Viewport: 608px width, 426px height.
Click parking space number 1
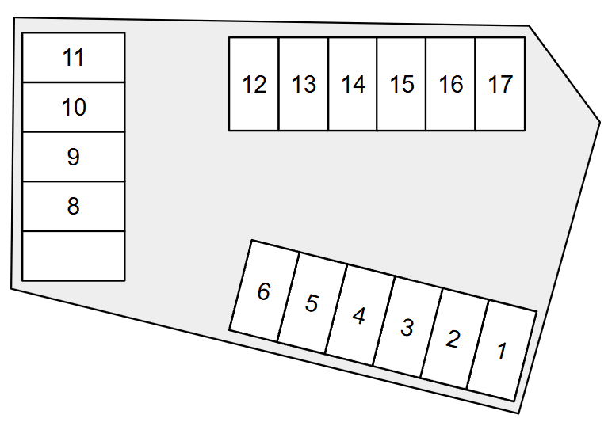click(501, 351)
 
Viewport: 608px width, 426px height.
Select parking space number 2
click(453, 339)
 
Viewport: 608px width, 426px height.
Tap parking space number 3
click(407, 327)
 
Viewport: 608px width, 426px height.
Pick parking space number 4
click(359, 315)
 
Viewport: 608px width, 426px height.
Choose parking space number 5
click(312, 303)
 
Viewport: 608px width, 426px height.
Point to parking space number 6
click(264, 291)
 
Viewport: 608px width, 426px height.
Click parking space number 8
click(74, 206)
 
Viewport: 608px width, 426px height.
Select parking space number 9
click(74, 157)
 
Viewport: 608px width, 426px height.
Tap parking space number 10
click(74, 107)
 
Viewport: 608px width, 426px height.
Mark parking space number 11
click(74, 58)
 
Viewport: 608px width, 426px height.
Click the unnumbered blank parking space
click(74, 255)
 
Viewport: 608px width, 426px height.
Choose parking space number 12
click(254, 84)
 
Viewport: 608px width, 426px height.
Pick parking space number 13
click(304, 84)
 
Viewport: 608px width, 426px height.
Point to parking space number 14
click(353, 84)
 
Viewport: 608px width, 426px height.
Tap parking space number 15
click(402, 84)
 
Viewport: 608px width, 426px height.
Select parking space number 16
click(451, 84)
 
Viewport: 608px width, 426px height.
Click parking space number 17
click(500, 84)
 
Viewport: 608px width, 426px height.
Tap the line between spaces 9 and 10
click(74, 131)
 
